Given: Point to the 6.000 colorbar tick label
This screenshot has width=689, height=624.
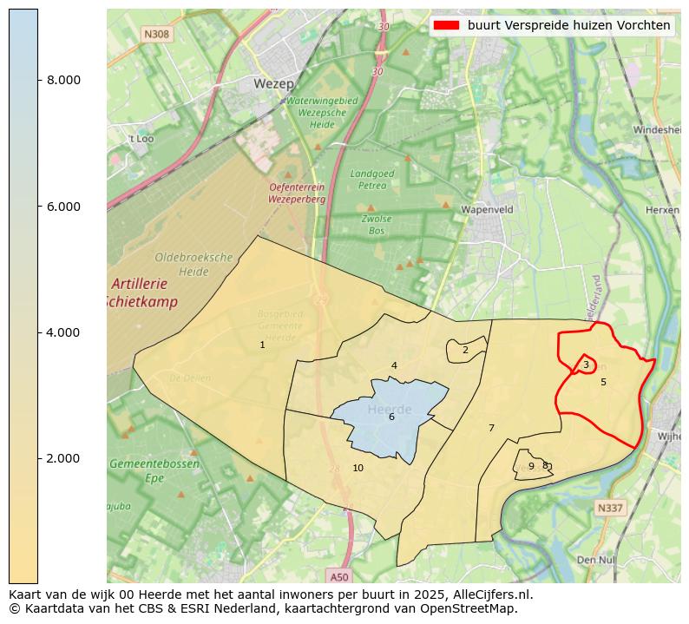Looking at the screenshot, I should click(x=63, y=207).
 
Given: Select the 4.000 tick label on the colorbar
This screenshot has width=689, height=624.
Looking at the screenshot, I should click(x=63, y=332).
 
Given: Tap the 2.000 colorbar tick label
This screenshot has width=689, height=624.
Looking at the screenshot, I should click(x=63, y=458).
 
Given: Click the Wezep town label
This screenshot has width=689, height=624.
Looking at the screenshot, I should click(x=274, y=84).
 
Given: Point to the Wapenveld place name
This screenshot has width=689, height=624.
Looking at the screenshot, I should click(x=487, y=210).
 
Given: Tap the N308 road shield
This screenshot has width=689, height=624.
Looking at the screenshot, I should click(x=156, y=34).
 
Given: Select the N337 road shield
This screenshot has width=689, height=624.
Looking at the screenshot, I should click(x=610, y=507).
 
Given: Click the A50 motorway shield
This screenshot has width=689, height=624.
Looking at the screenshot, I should click(x=339, y=576).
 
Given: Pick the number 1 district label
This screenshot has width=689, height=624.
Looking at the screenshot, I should click(x=262, y=345).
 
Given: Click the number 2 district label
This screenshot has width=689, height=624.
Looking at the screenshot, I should click(x=465, y=351).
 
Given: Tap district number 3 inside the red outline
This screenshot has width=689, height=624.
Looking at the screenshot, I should click(x=586, y=365).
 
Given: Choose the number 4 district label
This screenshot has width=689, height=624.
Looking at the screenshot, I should click(x=394, y=366).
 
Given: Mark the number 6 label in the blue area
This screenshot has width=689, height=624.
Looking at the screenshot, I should click(x=391, y=417).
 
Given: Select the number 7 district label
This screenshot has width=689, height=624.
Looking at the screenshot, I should click(x=491, y=429).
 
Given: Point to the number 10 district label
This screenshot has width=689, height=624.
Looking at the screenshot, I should click(x=358, y=469).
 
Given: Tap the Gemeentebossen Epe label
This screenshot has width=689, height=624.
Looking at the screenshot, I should click(x=154, y=470).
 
